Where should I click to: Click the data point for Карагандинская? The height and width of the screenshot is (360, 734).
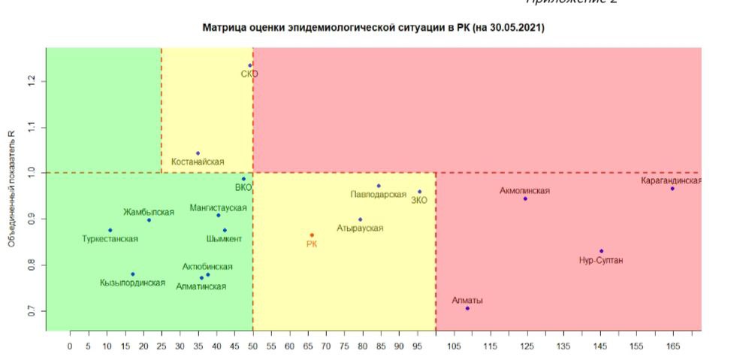click(x=672, y=189)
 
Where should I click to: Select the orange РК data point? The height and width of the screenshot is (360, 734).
click(x=312, y=235)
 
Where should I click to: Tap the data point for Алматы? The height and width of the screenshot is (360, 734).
click(x=467, y=308)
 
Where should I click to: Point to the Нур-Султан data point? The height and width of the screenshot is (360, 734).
click(x=601, y=251)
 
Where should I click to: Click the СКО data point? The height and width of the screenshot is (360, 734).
click(x=250, y=65)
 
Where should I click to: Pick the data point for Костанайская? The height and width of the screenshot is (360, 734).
click(x=198, y=153)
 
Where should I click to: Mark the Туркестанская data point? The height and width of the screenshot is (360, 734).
click(x=110, y=230)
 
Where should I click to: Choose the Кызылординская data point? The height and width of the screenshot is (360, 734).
click(x=133, y=274)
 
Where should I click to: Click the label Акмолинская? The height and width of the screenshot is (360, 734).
click(x=524, y=191)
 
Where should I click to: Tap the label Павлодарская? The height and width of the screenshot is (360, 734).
click(x=378, y=195)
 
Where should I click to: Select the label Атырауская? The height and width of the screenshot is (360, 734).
click(x=360, y=228)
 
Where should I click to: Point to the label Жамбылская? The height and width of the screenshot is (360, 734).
click(x=149, y=212)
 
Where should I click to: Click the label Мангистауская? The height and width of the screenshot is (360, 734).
click(x=218, y=207)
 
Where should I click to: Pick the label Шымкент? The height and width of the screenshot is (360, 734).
click(x=224, y=239)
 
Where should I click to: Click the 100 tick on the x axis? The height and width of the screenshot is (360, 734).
click(x=436, y=346)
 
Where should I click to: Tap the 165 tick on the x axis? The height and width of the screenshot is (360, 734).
click(x=672, y=346)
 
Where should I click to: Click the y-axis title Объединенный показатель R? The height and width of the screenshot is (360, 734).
click(x=12, y=189)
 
